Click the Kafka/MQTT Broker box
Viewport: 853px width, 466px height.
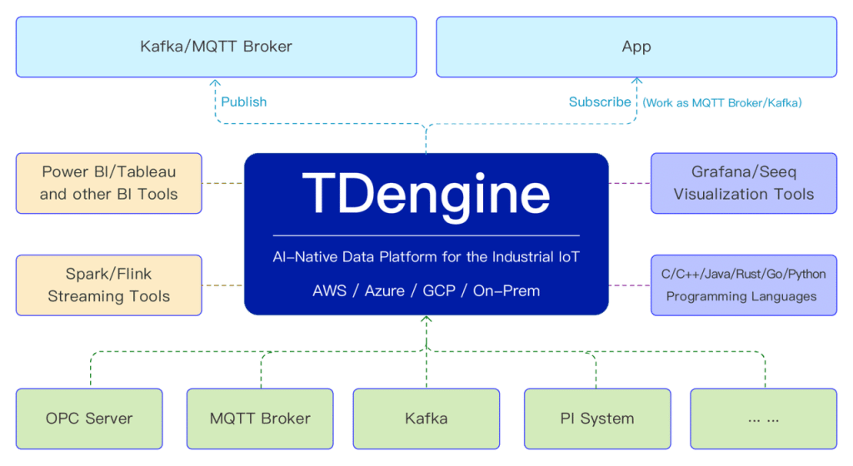pyautogui.click(x=216, y=47)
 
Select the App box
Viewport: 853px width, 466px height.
pyautogui.click(x=636, y=47)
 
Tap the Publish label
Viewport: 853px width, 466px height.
pyautogui.click(x=243, y=102)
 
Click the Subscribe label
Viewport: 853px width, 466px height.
pyautogui.click(x=600, y=102)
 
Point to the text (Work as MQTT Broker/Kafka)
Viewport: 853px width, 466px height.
pyautogui.click(x=721, y=102)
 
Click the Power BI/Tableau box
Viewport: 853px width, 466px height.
pyautogui.click(x=108, y=183)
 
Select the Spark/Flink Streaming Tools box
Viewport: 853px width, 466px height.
pyautogui.click(x=108, y=285)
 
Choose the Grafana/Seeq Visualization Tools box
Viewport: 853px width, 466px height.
pyautogui.click(x=743, y=183)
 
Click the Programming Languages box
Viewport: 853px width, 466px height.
pyautogui.click(x=743, y=285)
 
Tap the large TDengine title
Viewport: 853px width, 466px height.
pyautogui.click(x=426, y=193)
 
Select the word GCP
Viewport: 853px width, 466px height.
pyautogui.click(x=438, y=290)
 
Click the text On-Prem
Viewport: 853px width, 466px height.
pyautogui.click(x=506, y=290)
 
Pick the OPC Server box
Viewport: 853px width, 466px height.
pyautogui.click(x=89, y=418)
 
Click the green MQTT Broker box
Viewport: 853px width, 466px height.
pyautogui.click(x=260, y=418)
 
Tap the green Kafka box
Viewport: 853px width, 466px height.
pyautogui.click(x=426, y=418)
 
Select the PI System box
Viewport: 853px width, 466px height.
pyautogui.click(x=596, y=418)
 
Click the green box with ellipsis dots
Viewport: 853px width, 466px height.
pyautogui.click(x=763, y=418)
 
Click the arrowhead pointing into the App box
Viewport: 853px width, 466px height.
pyautogui.click(x=637, y=82)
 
